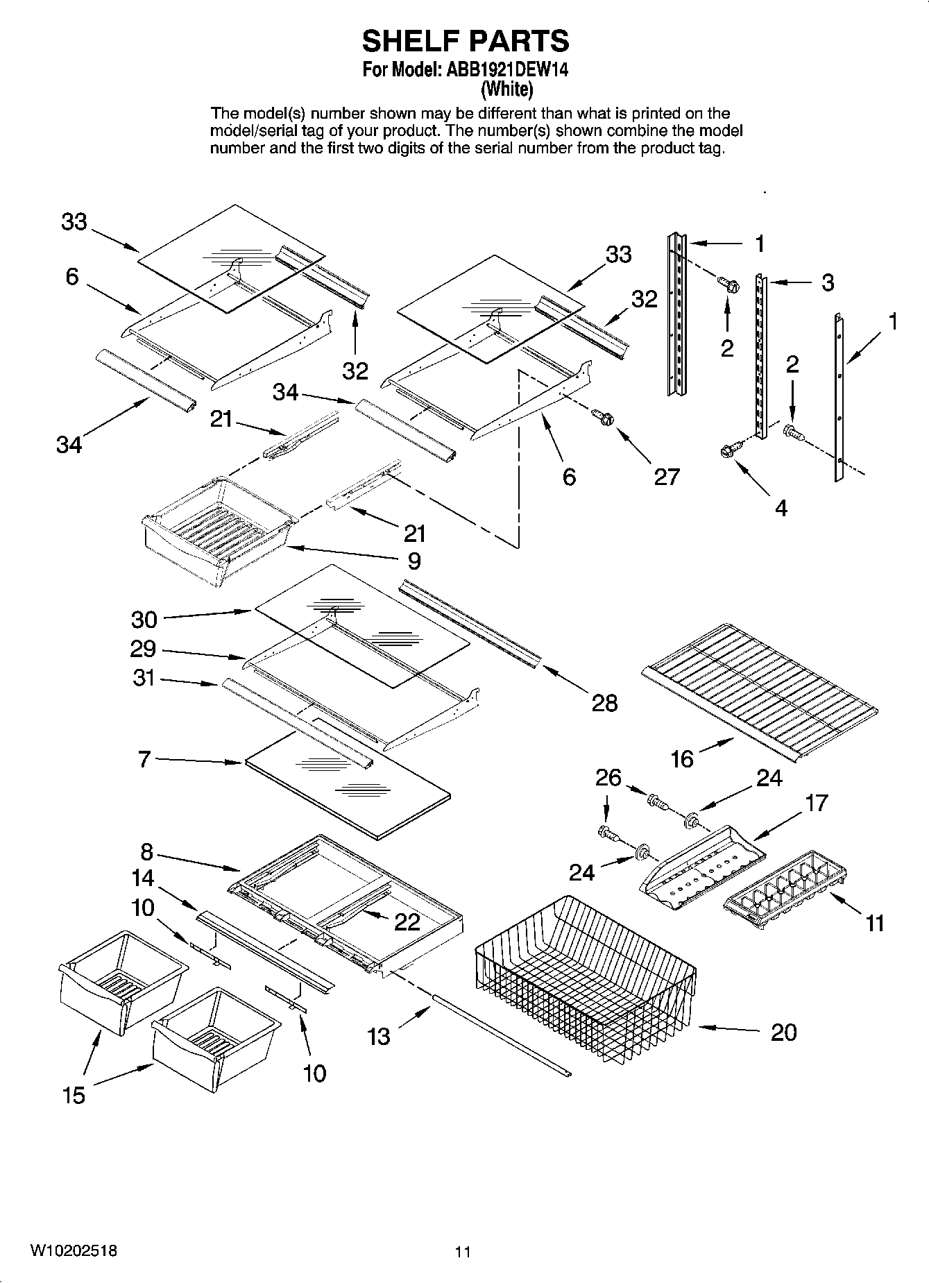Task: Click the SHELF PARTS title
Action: point(465,41)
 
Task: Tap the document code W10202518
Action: point(74,1251)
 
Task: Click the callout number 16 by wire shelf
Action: point(682,759)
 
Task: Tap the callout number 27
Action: point(666,476)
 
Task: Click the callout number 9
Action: point(414,560)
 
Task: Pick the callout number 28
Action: point(604,703)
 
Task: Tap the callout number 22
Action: point(407,921)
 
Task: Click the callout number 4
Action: point(781,508)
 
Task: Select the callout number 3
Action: point(827,282)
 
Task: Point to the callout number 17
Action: point(817,803)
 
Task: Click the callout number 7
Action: point(144,759)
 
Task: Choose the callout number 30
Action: point(144,619)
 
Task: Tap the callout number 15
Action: point(74,1095)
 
